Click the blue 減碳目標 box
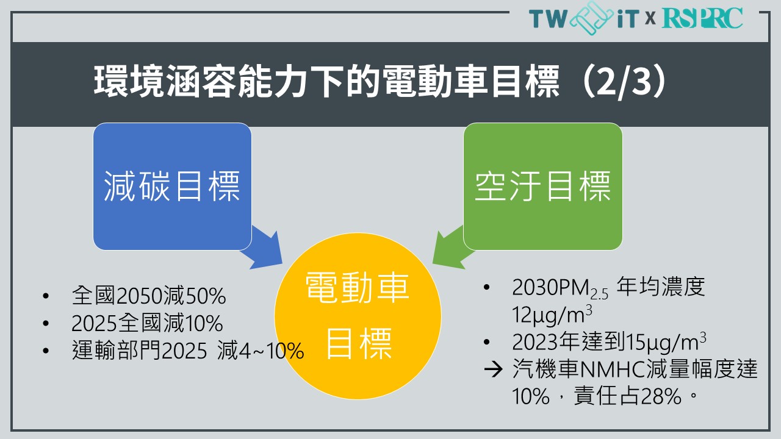[172, 186]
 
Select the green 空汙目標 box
[543, 186]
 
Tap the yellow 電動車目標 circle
[358, 316]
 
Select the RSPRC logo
[702, 18]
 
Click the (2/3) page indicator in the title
[624, 82]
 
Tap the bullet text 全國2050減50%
[149, 296]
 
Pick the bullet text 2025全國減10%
[147, 323]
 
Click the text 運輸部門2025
[140, 350]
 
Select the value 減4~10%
[261, 350]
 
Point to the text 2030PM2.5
[560, 289]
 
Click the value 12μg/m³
[552, 315]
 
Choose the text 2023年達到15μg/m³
[609, 342]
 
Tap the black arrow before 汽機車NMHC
[494, 369]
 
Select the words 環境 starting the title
[129, 82]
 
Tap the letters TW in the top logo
[548, 18]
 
